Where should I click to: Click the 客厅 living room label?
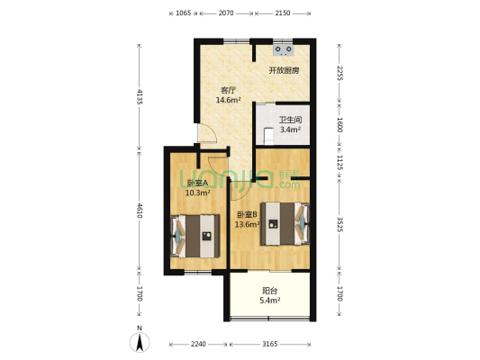tap(229, 90)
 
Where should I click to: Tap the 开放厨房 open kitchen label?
tap(284, 70)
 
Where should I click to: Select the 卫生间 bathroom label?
tap(289, 120)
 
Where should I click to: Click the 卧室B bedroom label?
tap(247, 214)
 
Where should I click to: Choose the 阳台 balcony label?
tap(269, 291)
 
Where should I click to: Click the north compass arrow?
tap(140, 342)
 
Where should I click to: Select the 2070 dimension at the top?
tap(226, 13)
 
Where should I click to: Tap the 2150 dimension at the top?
tap(282, 13)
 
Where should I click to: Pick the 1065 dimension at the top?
tap(182, 13)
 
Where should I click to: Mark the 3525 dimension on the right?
tap(340, 225)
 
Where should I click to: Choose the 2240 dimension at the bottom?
tap(199, 343)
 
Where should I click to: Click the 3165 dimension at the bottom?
tap(269, 343)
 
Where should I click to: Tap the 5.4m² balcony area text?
tap(269, 300)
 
